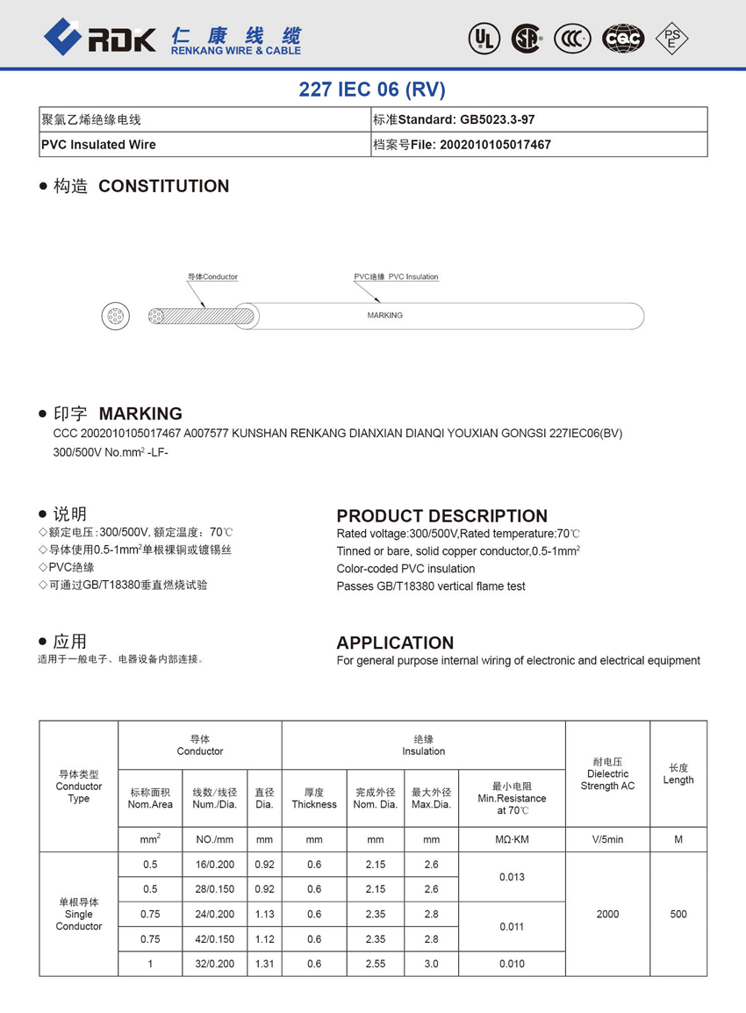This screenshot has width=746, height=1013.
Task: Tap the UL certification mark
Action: [484, 38]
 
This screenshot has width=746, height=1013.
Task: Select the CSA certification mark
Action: [527, 38]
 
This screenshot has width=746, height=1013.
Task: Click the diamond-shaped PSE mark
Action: [672, 38]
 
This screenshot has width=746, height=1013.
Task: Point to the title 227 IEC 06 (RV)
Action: [372, 90]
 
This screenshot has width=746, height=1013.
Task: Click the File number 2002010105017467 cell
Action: [539, 145]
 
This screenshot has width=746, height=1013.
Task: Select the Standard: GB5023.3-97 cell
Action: [539, 119]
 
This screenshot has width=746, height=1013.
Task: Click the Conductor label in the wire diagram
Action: [212, 277]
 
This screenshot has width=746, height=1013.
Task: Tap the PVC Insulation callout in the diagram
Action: [396, 277]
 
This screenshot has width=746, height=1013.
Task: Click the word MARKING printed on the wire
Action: [384, 315]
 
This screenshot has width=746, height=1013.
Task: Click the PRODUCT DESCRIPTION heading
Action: [441, 516]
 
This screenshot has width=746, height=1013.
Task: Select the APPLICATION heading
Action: [395, 643]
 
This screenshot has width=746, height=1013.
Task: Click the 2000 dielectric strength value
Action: [607, 914]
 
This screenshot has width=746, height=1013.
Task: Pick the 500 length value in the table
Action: [678, 914]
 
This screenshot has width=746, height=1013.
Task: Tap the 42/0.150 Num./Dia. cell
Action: [215, 938]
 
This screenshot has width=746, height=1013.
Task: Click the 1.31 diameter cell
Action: [264, 963]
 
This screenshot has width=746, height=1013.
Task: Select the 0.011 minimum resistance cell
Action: [512, 926]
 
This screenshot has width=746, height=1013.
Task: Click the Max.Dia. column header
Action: [431, 798]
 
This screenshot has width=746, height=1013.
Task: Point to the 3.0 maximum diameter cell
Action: [431, 963]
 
